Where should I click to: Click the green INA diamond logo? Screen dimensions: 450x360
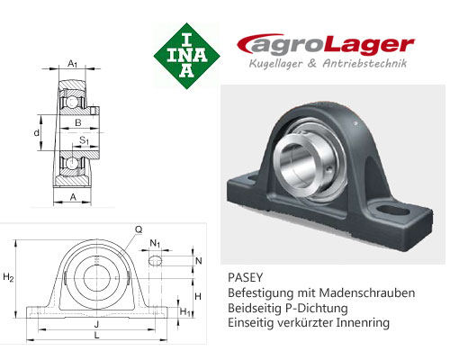click(186, 56)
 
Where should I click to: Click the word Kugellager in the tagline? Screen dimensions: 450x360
click(275, 64)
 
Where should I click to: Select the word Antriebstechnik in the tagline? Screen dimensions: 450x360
click(364, 64)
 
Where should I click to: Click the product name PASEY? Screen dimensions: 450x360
click(245, 277)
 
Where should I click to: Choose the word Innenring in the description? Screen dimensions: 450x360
click(363, 323)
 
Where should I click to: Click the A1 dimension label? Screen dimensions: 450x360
click(73, 64)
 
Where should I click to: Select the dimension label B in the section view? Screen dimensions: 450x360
click(78, 122)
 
